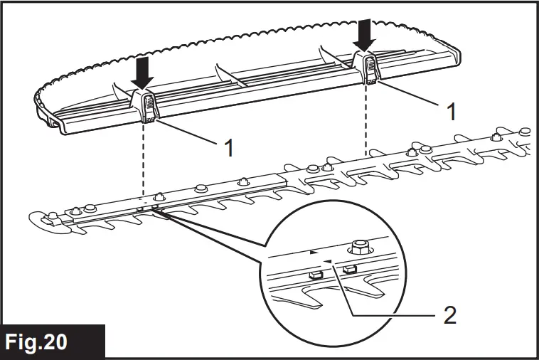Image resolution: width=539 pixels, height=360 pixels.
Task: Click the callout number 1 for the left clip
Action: click(x=230, y=148)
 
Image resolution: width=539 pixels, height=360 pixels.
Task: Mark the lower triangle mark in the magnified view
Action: click(x=327, y=261)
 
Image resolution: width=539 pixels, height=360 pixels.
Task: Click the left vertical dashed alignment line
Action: click(x=143, y=164)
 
